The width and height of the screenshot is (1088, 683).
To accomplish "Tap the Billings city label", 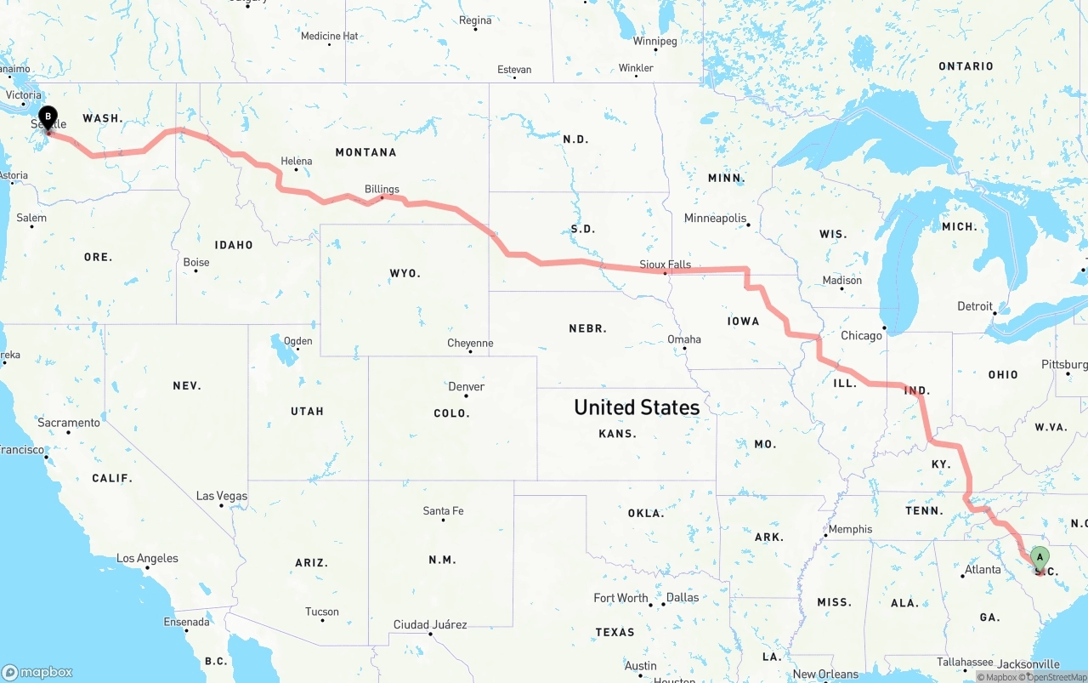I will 382,189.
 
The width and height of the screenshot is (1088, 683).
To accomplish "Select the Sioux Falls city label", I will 666,265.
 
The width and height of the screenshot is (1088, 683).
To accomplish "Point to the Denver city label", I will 467,386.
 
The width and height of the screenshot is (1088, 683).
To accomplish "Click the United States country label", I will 637,407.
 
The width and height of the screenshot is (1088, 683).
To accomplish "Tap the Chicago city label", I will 861,335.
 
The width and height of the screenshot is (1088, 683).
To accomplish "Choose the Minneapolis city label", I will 715,218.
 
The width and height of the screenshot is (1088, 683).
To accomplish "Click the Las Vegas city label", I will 222,496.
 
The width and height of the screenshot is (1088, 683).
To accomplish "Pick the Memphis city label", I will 850,529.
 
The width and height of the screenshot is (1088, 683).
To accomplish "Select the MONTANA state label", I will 365,152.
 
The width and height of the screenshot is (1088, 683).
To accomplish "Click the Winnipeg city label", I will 654,41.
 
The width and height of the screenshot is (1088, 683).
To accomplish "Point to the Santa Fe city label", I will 443,511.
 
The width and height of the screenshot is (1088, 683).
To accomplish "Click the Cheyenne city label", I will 470,343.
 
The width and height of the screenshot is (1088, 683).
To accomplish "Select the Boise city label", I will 196,262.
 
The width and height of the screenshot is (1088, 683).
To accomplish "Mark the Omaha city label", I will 684,339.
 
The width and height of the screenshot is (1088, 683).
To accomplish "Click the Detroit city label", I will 975,306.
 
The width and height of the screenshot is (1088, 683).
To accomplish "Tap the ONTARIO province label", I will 966,66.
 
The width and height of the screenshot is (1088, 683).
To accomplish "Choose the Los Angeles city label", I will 147,558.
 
